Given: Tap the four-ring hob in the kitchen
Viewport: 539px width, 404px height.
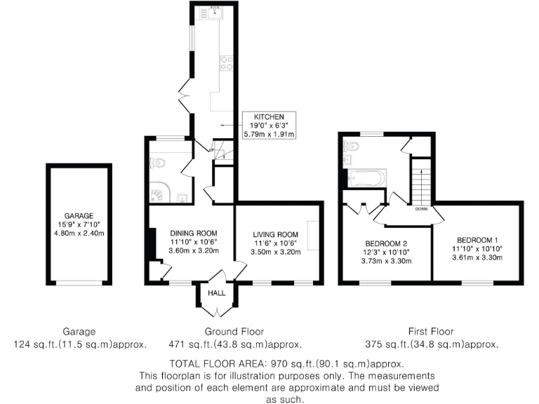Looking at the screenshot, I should pos(227,64).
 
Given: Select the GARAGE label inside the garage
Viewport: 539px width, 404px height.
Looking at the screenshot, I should pos(79,216).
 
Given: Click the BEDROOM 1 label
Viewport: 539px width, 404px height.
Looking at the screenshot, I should pos(477,238).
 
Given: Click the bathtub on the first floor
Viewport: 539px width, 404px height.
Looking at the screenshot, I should pos(364,178).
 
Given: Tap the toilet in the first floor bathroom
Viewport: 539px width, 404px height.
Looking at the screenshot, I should pos(352,147).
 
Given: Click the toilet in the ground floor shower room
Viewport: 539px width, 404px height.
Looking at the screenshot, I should pos(159,163).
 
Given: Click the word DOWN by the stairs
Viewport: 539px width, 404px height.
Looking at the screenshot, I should pos(421,209).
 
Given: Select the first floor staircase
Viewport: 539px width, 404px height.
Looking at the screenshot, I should pos(419,182).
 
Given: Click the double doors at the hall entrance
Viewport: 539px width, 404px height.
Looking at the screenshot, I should pos(216,310).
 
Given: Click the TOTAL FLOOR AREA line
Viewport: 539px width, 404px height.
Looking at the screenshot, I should pos(286,364).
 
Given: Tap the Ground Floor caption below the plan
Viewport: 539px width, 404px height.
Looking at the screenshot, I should pos(234,332).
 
